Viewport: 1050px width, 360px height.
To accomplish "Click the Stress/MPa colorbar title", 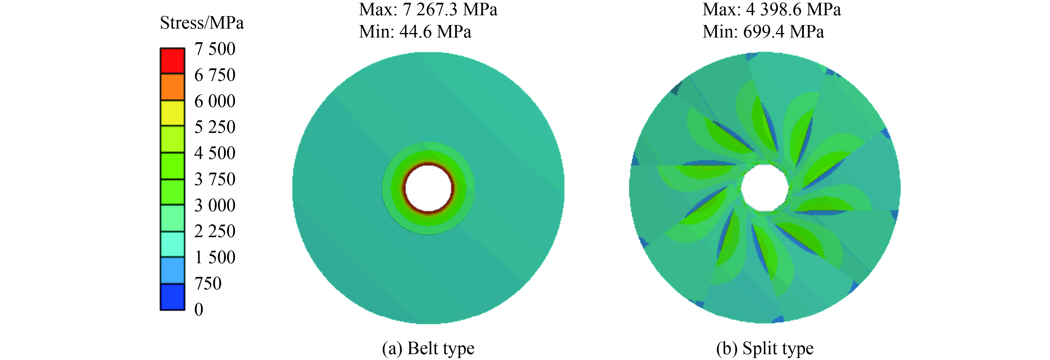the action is point(202,23).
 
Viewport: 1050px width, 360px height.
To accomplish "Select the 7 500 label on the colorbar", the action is point(215,49).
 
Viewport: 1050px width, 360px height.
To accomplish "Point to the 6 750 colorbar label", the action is point(215,75).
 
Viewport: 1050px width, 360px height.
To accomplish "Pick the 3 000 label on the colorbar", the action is point(215,205).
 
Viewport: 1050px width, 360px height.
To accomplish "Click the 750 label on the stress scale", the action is point(208,283).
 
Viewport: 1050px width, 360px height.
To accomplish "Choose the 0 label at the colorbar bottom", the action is point(199,309).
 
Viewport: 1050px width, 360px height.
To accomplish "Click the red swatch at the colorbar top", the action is point(172,61).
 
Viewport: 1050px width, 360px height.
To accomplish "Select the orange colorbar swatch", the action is point(172,87).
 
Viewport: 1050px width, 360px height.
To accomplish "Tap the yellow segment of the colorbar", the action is point(172,113).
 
